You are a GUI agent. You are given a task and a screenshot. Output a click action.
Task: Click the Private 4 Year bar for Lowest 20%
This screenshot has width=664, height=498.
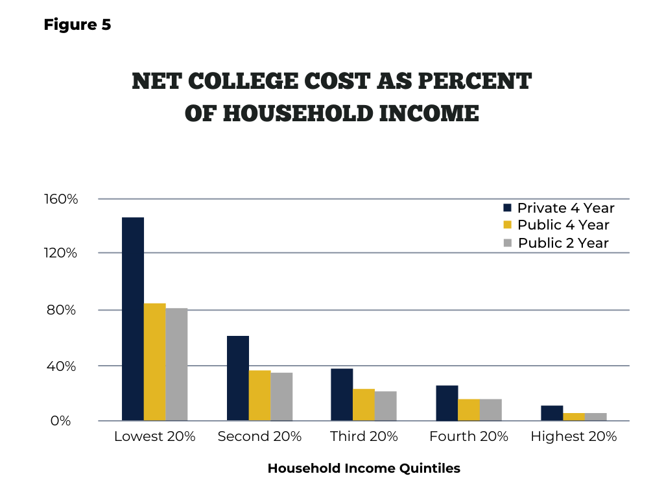point(133,319)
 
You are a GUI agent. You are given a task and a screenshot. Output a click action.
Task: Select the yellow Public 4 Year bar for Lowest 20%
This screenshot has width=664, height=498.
point(155,362)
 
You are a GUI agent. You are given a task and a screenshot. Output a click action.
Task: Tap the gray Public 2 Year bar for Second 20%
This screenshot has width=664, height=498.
point(281,397)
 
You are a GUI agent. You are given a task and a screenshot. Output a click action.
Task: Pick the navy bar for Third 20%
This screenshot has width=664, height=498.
point(342,395)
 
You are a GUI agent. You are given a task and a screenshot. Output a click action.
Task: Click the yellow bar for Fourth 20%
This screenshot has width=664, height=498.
point(469,410)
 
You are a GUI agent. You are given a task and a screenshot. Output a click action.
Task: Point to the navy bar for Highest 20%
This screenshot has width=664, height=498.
point(552,413)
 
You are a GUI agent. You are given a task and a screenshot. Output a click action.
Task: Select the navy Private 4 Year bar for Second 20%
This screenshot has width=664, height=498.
point(238,378)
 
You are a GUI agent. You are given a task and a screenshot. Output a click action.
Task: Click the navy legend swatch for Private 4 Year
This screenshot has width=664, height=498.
point(507,207)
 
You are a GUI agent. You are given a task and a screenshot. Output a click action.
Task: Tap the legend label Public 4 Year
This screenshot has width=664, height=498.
point(563,225)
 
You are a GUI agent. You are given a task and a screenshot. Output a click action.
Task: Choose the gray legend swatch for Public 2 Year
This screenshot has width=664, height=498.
point(507,243)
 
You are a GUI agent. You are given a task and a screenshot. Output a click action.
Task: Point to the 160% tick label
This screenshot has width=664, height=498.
point(61,198)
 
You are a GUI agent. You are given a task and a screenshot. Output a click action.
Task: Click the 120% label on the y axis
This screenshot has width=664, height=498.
point(60,253)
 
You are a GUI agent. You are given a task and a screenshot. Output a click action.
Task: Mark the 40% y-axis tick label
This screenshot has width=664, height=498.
point(62,366)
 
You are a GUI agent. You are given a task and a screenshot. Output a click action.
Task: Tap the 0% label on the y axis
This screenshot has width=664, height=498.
point(60,420)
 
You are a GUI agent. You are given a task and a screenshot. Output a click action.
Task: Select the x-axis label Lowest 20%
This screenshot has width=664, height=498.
point(154,436)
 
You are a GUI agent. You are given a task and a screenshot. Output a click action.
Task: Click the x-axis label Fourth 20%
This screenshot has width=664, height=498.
point(469,436)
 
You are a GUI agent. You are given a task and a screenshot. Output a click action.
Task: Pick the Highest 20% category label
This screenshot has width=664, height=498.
point(574,436)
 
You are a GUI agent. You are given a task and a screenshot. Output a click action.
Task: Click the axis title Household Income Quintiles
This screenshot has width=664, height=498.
point(364,468)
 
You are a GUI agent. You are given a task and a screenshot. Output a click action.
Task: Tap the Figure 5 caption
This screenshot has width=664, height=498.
point(78,25)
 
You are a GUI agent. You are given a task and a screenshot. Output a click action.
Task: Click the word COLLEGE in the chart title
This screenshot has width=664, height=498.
point(243,81)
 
